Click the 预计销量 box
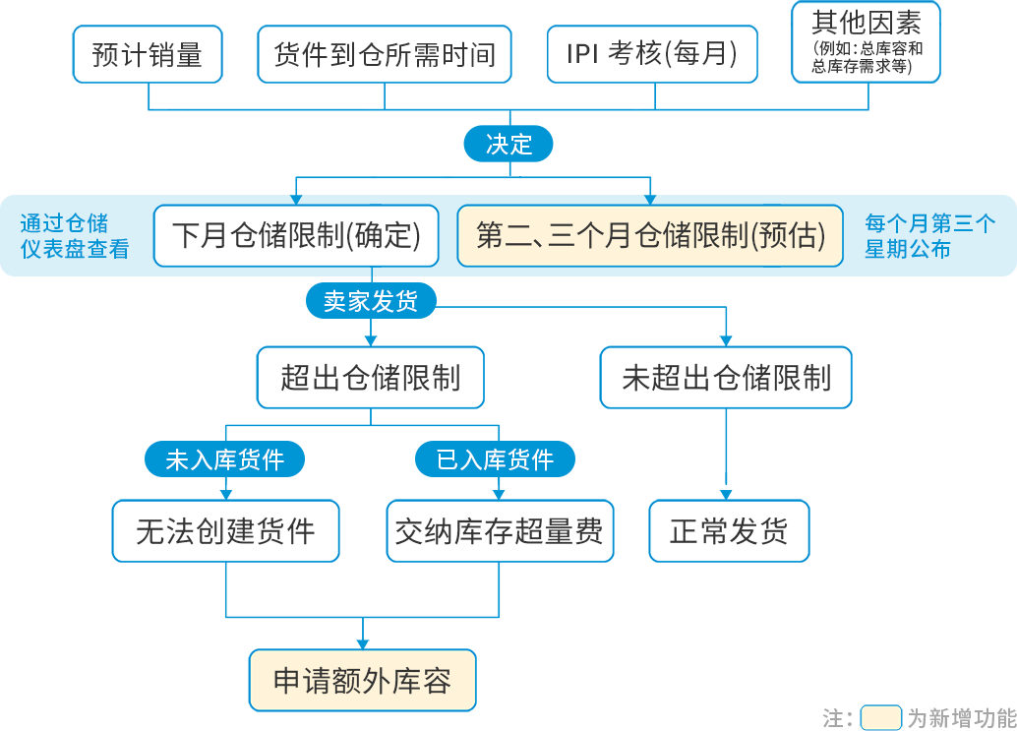(x=148, y=54)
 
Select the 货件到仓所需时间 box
(x=385, y=54)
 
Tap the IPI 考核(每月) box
(x=651, y=54)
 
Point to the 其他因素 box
(x=867, y=41)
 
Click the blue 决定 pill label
(x=508, y=145)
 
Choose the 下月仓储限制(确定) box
(x=296, y=236)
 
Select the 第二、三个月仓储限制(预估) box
(x=650, y=236)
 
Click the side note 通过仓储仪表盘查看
(x=75, y=236)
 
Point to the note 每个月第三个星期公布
(x=929, y=236)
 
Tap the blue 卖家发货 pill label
(x=371, y=301)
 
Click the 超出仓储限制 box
(x=371, y=378)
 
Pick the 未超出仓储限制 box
(x=727, y=378)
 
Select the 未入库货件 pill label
(x=225, y=459)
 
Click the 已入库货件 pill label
(x=495, y=459)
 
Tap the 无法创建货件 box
(x=225, y=532)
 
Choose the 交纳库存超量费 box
(x=500, y=532)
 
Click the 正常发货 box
(x=729, y=532)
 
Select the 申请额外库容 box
(x=363, y=681)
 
